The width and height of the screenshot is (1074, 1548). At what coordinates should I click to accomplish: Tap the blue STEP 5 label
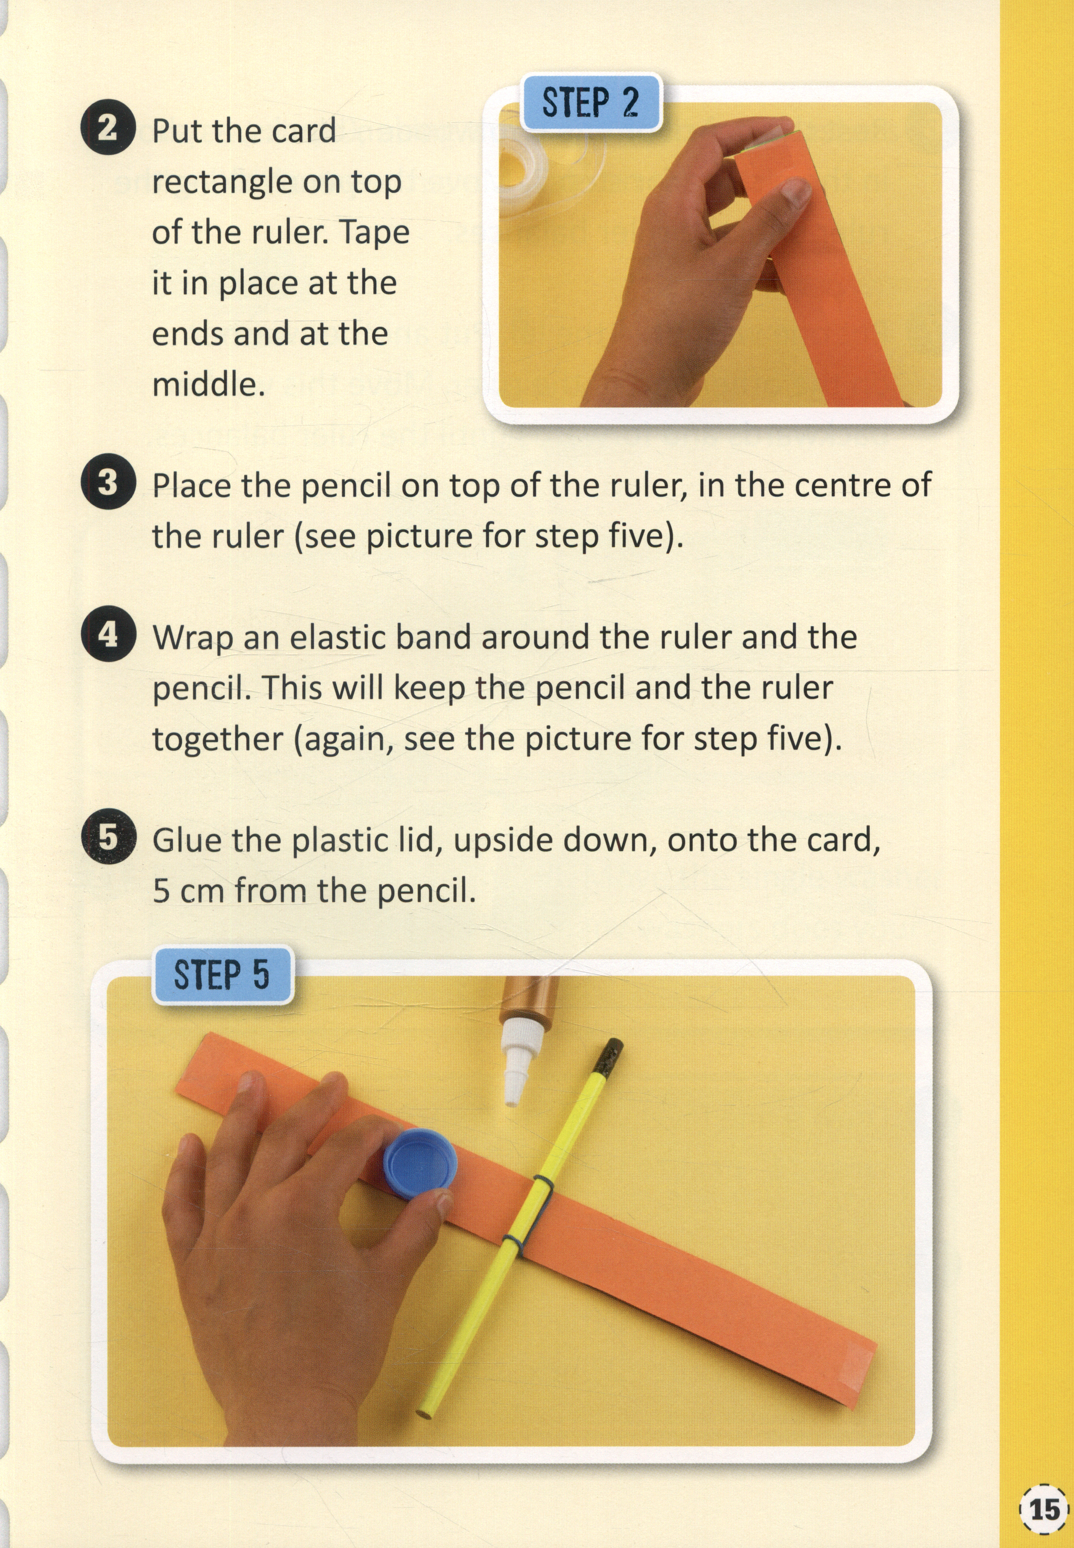(222, 974)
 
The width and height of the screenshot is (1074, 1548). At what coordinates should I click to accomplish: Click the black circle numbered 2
(108, 127)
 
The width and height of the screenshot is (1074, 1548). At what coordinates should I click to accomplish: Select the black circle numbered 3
(108, 482)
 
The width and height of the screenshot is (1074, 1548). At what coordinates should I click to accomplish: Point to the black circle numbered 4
(108, 634)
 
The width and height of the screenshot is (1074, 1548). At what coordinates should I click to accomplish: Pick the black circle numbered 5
(108, 837)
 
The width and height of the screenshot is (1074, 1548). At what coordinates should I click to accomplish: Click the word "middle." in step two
(209, 384)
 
